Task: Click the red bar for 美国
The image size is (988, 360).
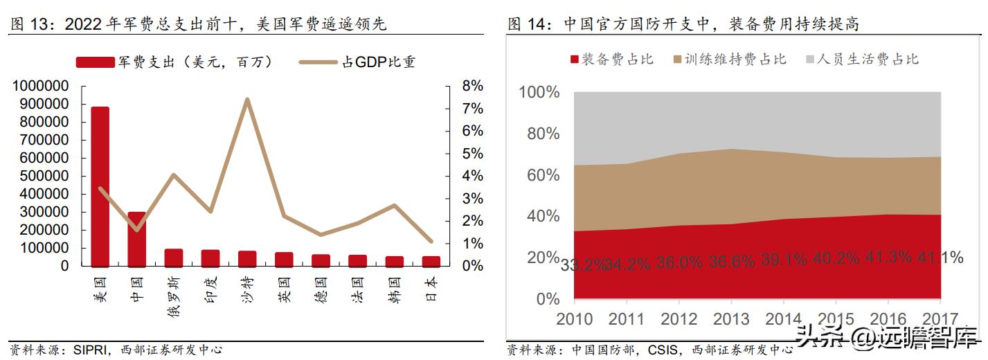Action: coord(100,187)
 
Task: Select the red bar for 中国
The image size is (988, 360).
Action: coord(136,239)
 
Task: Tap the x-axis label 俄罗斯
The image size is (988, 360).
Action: coord(173,294)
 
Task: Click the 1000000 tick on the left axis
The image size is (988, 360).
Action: coord(39,86)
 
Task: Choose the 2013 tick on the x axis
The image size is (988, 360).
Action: coord(730,319)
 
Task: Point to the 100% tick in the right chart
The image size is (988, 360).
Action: coord(538,93)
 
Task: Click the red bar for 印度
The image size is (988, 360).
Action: coord(210,258)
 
